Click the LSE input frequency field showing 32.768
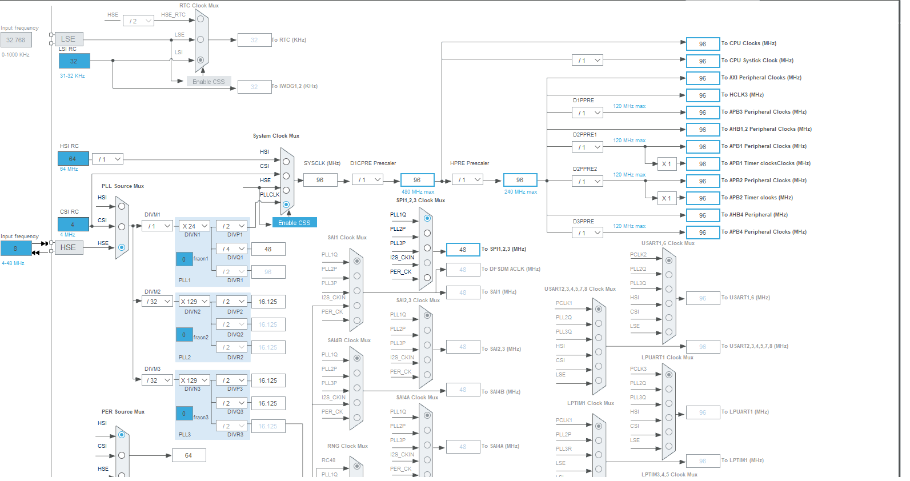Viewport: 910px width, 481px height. click(x=16, y=40)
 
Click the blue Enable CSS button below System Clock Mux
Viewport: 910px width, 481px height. click(x=294, y=223)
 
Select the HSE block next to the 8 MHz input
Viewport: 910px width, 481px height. click(x=69, y=247)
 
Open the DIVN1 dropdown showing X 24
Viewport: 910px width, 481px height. click(x=195, y=226)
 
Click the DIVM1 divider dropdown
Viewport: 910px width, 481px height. click(x=158, y=226)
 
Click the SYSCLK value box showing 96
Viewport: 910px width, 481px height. click(x=320, y=180)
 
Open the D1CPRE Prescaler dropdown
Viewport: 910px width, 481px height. click(x=368, y=180)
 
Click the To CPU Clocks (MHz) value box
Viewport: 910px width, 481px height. click(x=703, y=44)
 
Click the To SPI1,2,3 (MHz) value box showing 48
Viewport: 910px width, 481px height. click(x=463, y=250)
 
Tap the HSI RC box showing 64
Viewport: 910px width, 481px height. click(x=73, y=159)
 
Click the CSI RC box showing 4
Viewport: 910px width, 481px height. click(x=73, y=225)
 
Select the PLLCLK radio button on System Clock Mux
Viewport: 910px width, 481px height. click(x=286, y=205)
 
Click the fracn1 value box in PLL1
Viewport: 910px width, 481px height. click(x=184, y=259)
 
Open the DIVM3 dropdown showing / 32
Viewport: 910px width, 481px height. click(x=158, y=380)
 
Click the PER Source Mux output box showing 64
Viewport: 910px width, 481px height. click(x=189, y=455)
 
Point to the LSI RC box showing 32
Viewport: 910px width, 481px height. click(x=74, y=61)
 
